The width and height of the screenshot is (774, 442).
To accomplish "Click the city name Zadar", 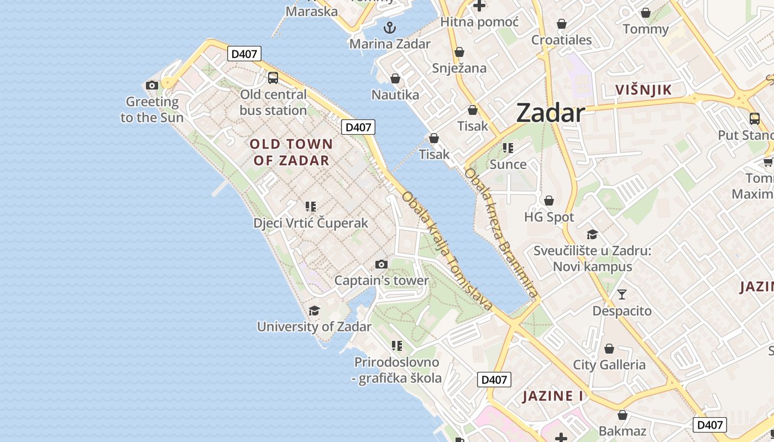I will coord(550,113).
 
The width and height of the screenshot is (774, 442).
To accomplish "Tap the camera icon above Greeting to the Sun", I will coord(152,85).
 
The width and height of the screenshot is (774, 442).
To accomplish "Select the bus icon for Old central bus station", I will coord(273,78).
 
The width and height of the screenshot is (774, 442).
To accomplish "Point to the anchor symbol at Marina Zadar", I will coord(390,27).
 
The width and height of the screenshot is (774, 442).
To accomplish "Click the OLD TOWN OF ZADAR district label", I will coord(291,152).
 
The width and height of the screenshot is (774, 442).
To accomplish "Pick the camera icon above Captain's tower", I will coord(381,264).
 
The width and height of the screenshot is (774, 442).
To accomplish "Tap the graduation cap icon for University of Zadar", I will coord(314,311).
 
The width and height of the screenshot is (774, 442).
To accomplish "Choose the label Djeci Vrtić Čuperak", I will coord(311,223).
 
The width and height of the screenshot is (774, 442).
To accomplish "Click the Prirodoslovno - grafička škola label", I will coord(398,370).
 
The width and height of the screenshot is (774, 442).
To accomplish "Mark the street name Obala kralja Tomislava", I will coord(447,251).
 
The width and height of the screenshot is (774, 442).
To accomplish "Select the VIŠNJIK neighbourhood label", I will coord(644,90).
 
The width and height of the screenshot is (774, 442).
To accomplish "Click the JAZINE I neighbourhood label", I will coord(553,396).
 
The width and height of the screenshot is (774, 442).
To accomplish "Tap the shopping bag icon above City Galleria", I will coord(609,349).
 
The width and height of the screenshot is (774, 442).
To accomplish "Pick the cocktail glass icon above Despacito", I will coord(622,294).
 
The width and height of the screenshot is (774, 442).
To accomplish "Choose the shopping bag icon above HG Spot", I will coord(549,201).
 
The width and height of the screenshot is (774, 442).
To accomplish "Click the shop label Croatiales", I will coord(562,40).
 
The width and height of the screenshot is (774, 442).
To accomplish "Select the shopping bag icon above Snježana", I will coord(459,52).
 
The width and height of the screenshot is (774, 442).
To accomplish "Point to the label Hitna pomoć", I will coord(479,22).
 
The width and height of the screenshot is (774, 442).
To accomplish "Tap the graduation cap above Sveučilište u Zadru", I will coord(592,234).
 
